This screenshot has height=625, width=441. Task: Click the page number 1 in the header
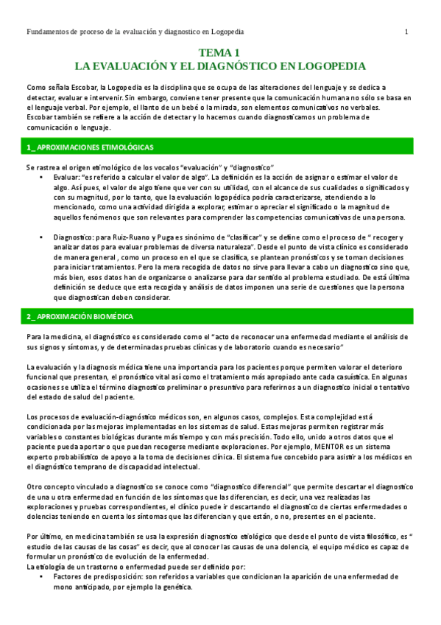point(406,32)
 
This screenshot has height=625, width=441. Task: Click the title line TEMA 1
point(220,53)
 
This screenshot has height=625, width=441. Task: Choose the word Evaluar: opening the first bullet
point(66,178)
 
